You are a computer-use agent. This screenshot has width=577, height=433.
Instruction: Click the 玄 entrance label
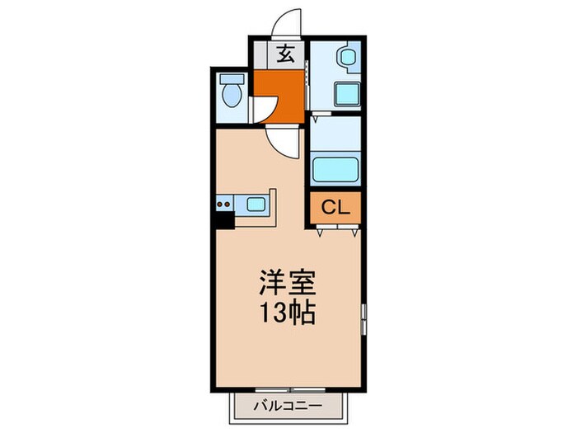pos(286,55)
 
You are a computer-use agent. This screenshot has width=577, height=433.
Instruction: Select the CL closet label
pos(335,207)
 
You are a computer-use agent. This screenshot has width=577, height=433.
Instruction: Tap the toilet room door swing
pos(264,110)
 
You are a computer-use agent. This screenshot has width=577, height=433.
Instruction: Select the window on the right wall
pos(362,318)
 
